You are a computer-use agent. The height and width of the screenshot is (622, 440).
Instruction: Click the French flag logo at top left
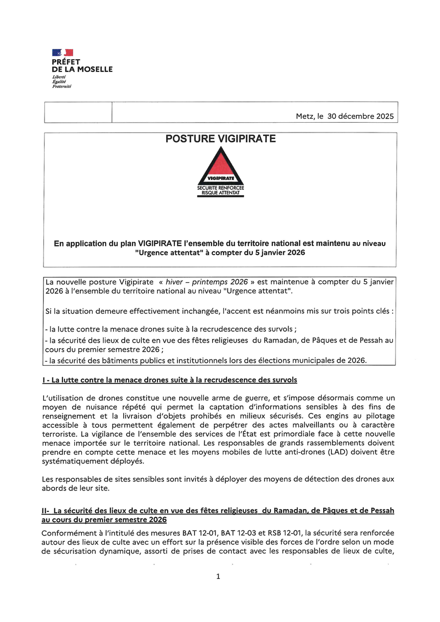click(63, 52)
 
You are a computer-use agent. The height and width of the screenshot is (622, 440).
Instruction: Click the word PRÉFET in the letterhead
click(66, 62)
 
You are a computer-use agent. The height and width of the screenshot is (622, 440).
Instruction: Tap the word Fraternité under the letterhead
click(62, 86)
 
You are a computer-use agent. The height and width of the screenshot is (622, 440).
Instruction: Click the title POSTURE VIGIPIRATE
click(220, 139)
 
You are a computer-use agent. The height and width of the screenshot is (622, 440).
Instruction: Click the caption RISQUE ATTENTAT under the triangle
click(220, 193)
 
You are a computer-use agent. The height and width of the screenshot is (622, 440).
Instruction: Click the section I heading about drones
click(170, 379)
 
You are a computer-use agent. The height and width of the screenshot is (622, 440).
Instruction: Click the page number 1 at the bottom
click(218, 577)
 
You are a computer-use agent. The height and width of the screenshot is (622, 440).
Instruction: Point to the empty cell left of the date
click(78, 112)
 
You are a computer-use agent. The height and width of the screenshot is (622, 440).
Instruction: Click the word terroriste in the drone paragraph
click(59, 434)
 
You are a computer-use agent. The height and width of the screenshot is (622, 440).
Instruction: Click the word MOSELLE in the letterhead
click(95, 69)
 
